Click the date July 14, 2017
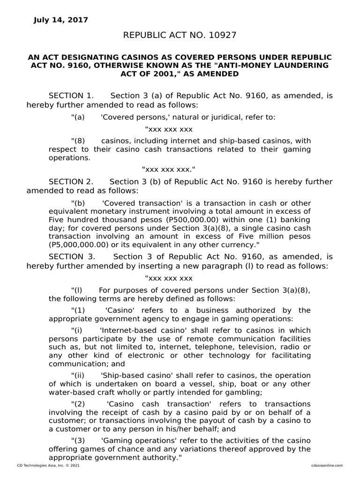60,20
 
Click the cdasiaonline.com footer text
327,465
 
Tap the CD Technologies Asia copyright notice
43,465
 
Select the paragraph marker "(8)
78,141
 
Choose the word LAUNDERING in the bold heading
303,65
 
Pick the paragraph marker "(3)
78,441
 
